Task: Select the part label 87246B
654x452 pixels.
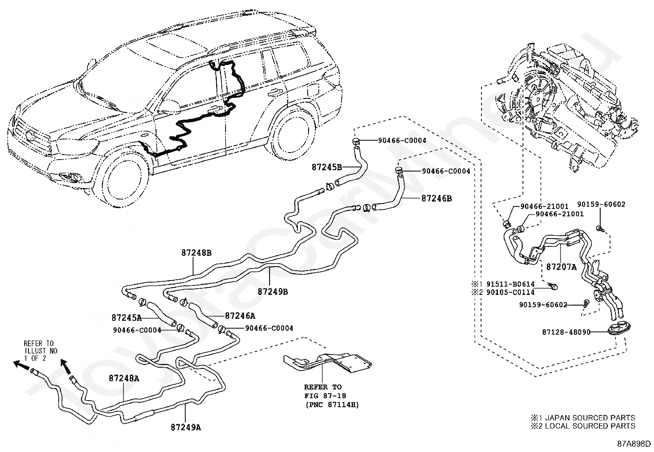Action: (x=436, y=198)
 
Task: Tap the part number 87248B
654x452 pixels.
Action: (x=196, y=253)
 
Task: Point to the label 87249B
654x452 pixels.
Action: (x=273, y=292)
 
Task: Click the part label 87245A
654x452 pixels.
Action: (x=127, y=318)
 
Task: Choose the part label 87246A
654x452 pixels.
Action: (x=240, y=316)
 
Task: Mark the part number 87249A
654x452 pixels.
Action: (x=186, y=427)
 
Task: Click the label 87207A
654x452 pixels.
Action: (x=561, y=267)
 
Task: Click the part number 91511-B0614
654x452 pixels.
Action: (x=509, y=284)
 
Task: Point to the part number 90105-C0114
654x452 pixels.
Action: (x=509, y=292)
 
